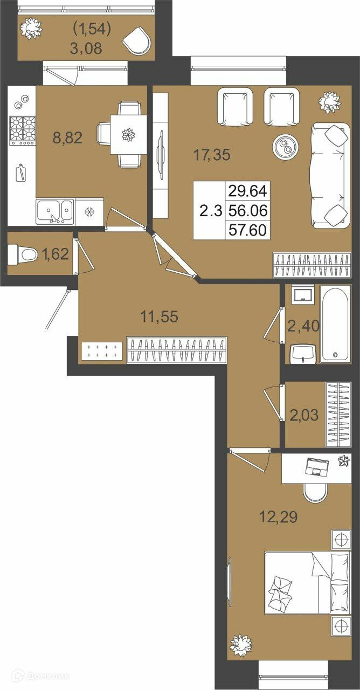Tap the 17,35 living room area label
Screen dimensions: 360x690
[x=212, y=155]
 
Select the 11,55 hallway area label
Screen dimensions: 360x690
[x=159, y=316]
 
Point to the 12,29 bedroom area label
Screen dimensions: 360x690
[x=279, y=516]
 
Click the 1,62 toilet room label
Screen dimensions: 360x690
[x=56, y=254]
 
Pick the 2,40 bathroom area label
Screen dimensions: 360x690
[x=303, y=326]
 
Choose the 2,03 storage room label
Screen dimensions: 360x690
[x=304, y=415]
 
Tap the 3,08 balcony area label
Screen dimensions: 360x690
[x=86, y=49]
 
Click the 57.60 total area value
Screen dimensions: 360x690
[x=247, y=230]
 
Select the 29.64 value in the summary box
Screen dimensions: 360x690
[x=247, y=191]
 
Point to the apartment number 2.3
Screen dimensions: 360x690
[x=211, y=211]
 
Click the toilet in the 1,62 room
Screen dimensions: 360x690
[x=22, y=254]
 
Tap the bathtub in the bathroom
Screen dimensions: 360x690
[x=335, y=323]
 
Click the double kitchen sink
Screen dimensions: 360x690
[x=55, y=211]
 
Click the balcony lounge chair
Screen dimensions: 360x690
[x=137, y=41]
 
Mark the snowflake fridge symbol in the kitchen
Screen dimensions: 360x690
[x=89, y=212]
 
